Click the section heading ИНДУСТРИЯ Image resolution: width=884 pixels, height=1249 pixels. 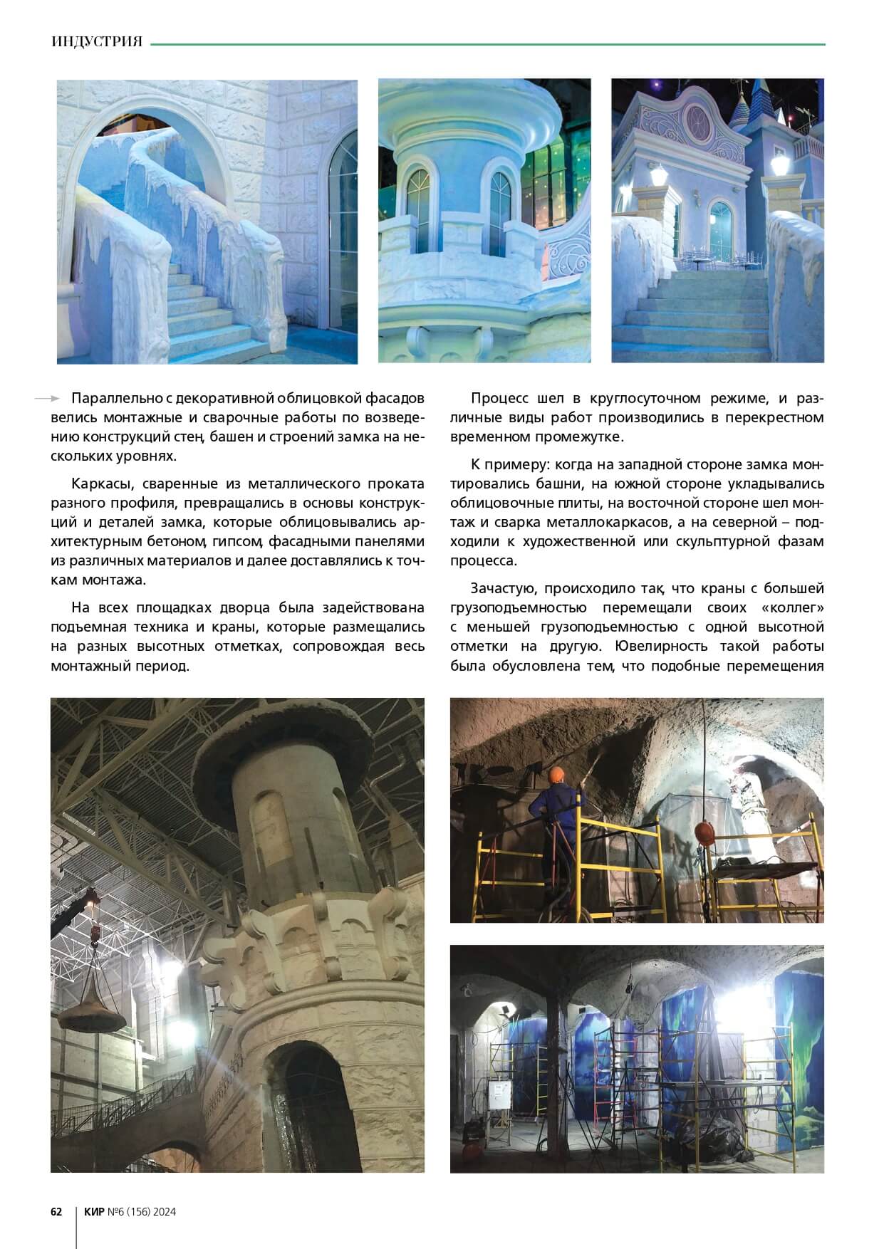click(97, 42)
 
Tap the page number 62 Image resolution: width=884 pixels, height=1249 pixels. click(56, 1211)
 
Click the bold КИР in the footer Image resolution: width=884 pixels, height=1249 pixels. click(94, 1211)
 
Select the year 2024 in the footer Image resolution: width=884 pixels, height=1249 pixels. click(163, 1211)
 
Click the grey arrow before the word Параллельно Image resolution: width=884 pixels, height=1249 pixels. click(46, 398)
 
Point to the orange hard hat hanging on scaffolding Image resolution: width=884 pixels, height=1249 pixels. click(705, 831)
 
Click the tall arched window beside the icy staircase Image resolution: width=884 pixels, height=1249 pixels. click(342, 228)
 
